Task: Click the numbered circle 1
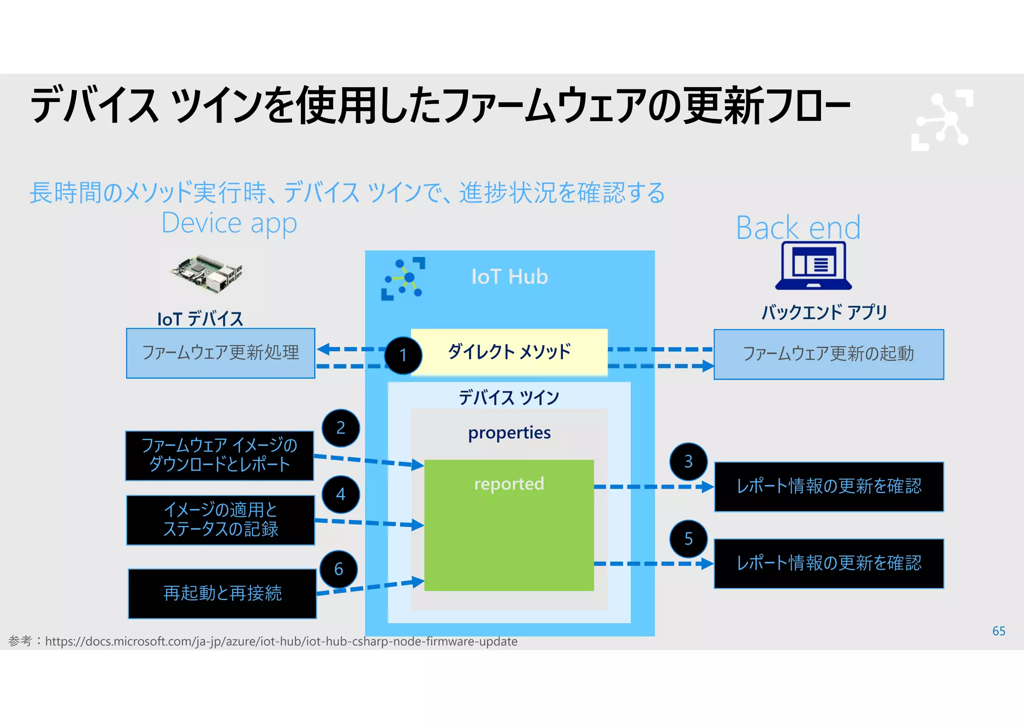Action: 403,355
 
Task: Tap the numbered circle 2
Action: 340,428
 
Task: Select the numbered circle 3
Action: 688,461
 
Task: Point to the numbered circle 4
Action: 340,494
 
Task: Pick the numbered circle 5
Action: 688,539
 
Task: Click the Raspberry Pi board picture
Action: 207,273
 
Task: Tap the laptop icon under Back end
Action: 813,265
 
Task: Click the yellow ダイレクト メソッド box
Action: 509,352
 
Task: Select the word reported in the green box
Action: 509,484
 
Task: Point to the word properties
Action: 509,432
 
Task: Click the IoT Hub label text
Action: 509,277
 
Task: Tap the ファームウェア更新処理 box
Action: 220,353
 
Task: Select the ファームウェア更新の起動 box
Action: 828,354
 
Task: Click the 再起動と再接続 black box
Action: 222,593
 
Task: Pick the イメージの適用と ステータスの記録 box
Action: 220,520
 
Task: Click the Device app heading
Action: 229,223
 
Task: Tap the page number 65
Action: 998,631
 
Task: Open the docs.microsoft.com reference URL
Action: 281,641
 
